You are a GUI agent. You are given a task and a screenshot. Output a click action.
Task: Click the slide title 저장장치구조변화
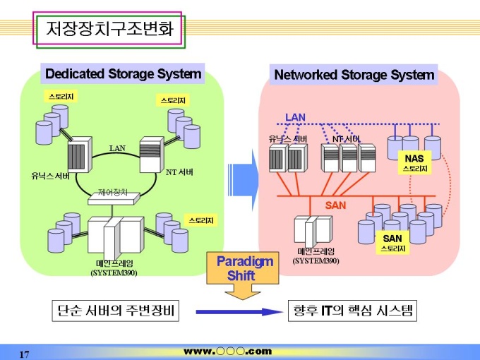point(109,29)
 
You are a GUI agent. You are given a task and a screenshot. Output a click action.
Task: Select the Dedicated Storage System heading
point(123,74)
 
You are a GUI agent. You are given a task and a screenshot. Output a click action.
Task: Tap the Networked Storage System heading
point(354,75)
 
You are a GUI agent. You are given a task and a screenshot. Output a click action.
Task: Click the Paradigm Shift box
point(244,268)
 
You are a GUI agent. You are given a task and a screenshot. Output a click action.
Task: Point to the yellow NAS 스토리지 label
point(415,163)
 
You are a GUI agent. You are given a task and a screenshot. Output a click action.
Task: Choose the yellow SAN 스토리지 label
point(392,244)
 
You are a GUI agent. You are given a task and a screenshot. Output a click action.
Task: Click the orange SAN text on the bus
point(335,205)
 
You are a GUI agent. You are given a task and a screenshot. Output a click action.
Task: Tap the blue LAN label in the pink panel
point(295,116)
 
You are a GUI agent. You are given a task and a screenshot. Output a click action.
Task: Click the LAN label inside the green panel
point(117,148)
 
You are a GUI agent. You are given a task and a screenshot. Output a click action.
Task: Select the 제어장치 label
point(113,191)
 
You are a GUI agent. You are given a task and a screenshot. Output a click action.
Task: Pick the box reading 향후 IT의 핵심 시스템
point(353,311)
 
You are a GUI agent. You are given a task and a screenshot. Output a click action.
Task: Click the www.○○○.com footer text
point(227,351)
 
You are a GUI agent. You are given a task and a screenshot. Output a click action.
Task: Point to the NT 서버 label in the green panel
point(179,172)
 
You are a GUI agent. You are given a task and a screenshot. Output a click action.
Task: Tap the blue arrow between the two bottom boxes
point(234,311)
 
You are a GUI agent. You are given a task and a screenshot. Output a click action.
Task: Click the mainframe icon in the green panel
point(114,238)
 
